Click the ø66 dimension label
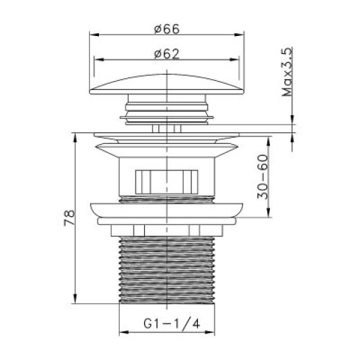(167, 29)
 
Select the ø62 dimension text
(167, 54)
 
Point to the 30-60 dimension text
(263, 177)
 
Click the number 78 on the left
(69, 217)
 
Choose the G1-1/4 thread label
(172, 323)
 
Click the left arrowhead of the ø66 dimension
(94, 35)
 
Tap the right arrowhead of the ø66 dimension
(239, 35)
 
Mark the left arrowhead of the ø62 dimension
(99, 60)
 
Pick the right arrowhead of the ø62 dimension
(234, 60)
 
